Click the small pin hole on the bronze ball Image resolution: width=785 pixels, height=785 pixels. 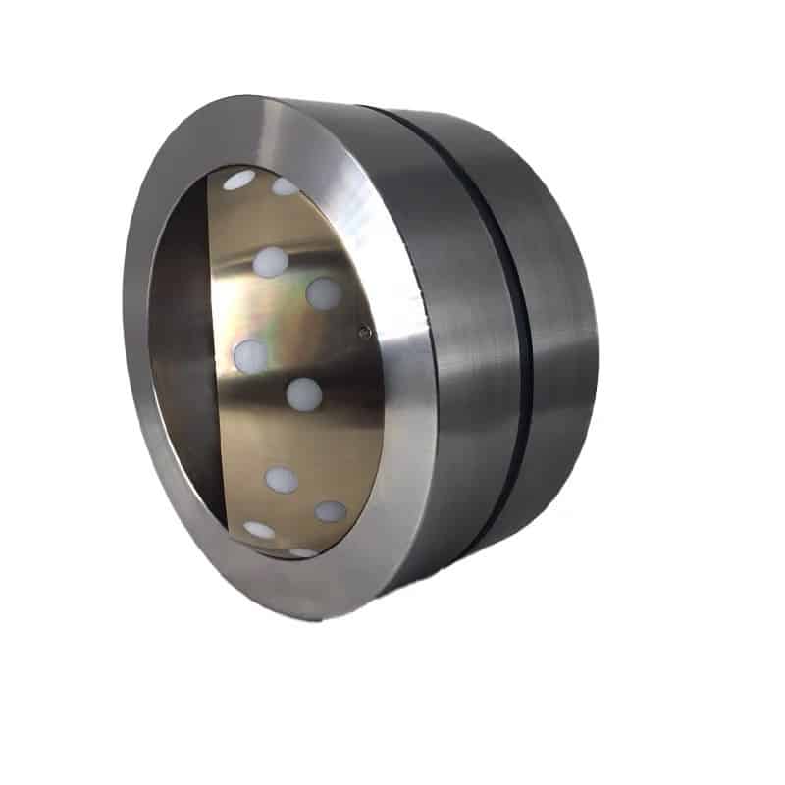tap(364, 332)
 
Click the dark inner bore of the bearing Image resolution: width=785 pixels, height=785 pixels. tap(182, 363)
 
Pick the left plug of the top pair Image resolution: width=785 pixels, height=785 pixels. tap(238, 181)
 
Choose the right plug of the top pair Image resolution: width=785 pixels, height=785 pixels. tap(285, 186)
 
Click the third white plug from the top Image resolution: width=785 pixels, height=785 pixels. tap(271, 261)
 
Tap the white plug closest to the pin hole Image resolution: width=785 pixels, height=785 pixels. tap(323, 292)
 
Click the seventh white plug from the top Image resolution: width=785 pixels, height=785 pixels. tap(282, 479)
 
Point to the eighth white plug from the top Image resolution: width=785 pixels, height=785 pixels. tap(331, 511)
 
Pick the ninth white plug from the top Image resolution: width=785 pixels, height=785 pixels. tap(260, 530)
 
